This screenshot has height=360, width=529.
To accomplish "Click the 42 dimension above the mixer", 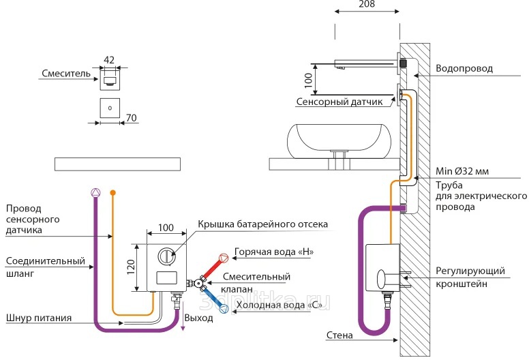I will (x=109, y=59).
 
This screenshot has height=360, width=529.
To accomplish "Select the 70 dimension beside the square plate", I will (x=132, y=118).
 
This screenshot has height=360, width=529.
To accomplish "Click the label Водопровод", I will (x=464, y=69).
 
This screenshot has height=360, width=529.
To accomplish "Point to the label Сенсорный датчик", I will (x=344, y=102).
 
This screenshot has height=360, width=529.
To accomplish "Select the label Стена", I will (x=339, y=335).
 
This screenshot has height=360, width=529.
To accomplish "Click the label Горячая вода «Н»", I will (x=273, y=251).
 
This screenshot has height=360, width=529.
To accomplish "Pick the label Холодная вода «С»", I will (x=279, y=305).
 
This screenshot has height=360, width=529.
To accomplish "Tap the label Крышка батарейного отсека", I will (x=263, y=224).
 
